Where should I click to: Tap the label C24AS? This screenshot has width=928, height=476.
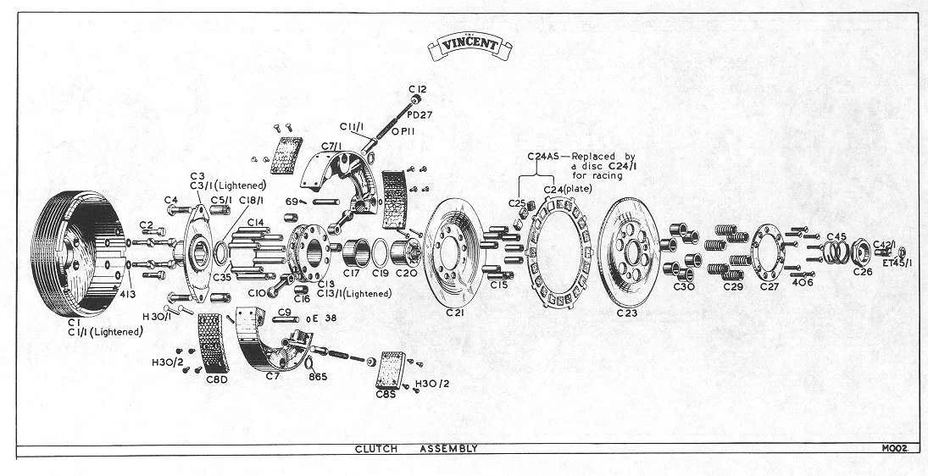[x=545, y=157]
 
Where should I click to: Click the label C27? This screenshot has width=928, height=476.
[x=769, y=286]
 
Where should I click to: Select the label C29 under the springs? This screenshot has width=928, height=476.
[x=733, y=286]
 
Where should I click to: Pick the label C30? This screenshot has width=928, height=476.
[x=683, y=286]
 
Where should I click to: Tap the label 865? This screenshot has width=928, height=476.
[x=318, y=376]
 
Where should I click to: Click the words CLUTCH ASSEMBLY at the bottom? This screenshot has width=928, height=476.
[x=416, y=449]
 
